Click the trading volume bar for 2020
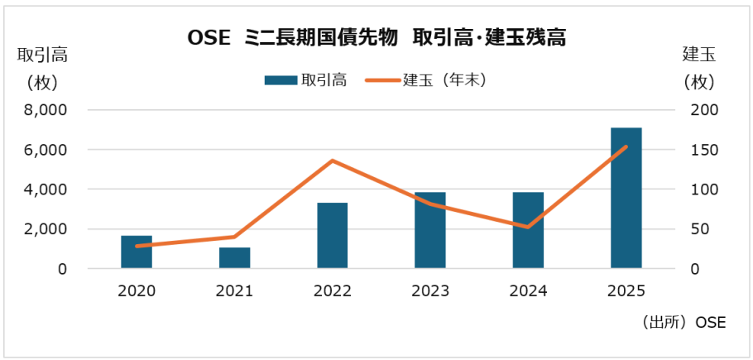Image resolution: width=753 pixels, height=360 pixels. [x=137, y=252]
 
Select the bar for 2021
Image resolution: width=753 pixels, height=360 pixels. [x=234, y=258]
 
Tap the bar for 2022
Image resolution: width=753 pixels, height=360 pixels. [x=332, y=236]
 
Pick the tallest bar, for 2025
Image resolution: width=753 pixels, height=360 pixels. [x=626, y=199]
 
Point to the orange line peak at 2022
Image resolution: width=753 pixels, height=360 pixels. [x=332, y=161]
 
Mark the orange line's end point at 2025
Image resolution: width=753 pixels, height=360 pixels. [x=626, y=147]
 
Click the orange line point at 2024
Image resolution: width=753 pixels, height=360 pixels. [x=528, y=227]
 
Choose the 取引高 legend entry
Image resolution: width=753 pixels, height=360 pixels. [x=305, y=80]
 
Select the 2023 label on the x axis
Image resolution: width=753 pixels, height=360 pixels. [x=430, y=291]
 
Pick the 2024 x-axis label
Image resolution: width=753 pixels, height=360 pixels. [x=528, y=291]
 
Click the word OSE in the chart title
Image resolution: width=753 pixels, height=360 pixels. [x=205, y=38]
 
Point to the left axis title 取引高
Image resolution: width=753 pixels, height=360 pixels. [x=42, y=56]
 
